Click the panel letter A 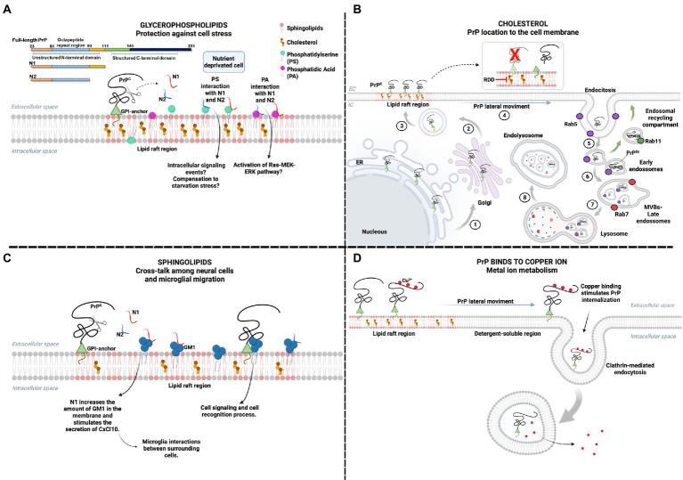9,9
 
